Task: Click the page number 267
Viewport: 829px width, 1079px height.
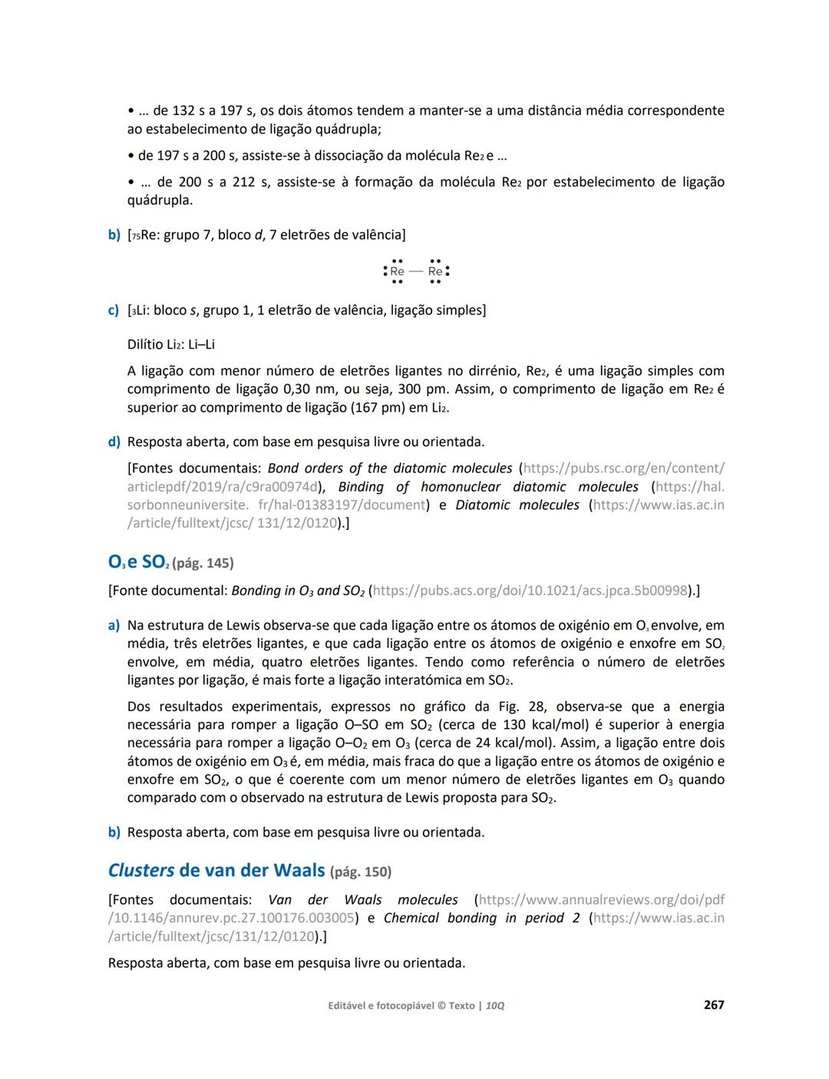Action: point(714,1005)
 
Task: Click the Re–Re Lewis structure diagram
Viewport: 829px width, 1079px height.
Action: point(416,271)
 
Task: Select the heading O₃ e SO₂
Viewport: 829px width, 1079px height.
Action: point(138,562)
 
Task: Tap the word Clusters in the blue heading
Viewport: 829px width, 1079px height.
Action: point(141,870)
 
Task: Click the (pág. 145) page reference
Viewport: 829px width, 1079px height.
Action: point(203,563)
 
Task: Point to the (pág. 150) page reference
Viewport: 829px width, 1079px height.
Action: point(360,872)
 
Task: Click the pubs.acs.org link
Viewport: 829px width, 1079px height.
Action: point(530,591)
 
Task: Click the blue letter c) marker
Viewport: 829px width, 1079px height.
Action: point(113,310)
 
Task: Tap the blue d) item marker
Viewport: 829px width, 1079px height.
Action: point(114,442)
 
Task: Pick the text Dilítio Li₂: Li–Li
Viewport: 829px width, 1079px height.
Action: point(171,345)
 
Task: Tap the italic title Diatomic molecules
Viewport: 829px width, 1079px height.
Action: point(517,505)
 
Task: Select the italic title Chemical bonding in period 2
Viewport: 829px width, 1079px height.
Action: point(481,918)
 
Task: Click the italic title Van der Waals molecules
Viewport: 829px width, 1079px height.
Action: point(363,899)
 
